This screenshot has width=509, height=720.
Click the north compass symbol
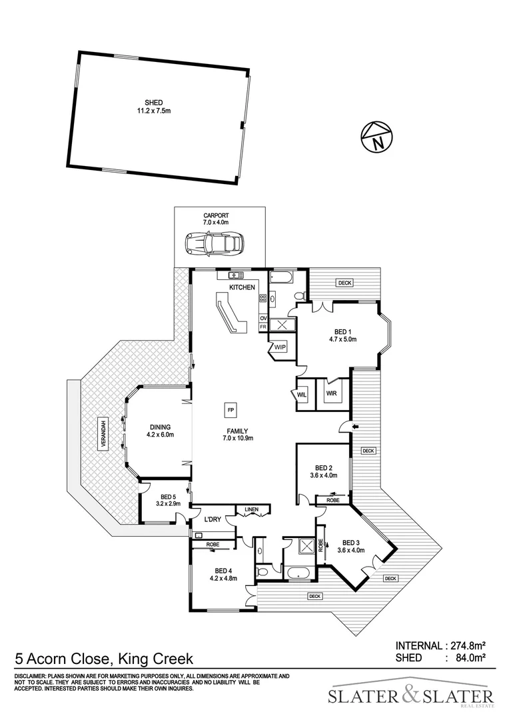[376, 138]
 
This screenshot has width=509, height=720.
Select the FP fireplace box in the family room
[231, 409]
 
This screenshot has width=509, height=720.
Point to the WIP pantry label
[279, 347]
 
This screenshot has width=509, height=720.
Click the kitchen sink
[236, 275]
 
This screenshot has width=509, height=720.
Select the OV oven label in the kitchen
[263, 319]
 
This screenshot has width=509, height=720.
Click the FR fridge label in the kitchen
[263, 327]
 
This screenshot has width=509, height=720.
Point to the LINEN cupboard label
[251, 510]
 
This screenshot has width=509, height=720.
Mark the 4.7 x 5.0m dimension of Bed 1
[338, 339]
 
